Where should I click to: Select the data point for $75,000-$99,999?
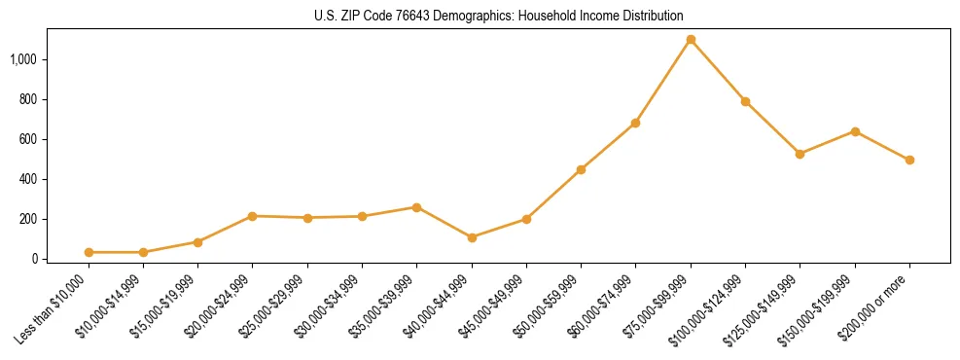(x=691, y=40)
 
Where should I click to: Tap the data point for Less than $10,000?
(x=89, y=252)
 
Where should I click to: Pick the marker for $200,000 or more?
(x=909, y=160)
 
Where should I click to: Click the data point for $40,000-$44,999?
(x=472, y=237)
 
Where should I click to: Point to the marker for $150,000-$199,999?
(x=855, y=131)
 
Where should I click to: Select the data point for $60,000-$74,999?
(x=635, y=123)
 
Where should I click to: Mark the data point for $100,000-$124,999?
(x=745, y=101)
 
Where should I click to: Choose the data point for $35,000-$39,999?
(x=416, y=207)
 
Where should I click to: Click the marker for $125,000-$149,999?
(x=800, y=154)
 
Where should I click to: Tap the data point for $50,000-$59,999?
(x=581, y=169)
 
